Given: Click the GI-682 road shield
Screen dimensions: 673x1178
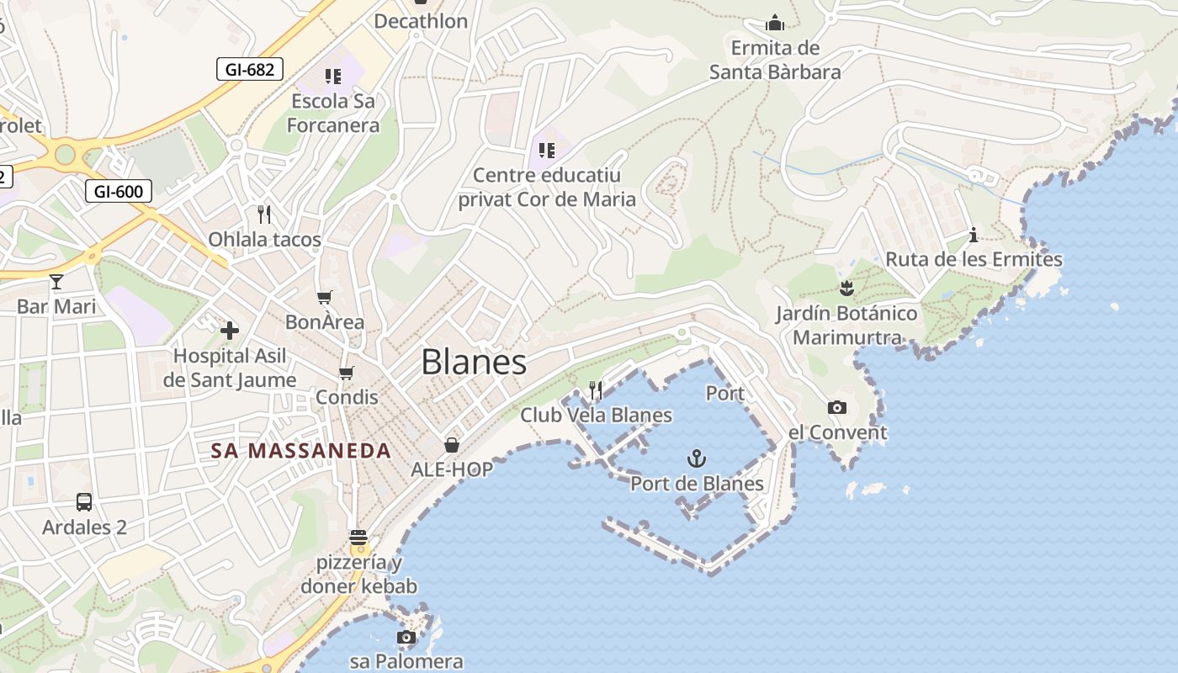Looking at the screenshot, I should [249, 69].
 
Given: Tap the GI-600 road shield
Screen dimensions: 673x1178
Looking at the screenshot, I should [118, 191].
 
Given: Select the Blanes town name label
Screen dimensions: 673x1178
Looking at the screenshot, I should [474, 363].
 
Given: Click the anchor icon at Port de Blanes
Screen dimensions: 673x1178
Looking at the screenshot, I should [696, 458].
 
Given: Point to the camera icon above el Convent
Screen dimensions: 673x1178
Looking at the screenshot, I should [836, 408].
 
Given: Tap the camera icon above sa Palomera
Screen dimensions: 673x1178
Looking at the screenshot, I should [406, 637].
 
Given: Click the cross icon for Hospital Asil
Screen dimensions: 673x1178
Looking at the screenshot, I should [229, 331].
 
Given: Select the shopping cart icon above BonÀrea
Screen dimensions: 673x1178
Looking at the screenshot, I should [325, 297].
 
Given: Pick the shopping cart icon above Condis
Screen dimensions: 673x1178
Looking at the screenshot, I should [346, 372].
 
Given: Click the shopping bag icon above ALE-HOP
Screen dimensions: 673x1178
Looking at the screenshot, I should [452, 444].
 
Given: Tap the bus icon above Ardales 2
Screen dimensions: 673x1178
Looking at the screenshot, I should [84, 502].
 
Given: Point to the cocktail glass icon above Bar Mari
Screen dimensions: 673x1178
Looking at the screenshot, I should [56, 281].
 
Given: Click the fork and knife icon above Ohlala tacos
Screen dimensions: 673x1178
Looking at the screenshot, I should [264, 215].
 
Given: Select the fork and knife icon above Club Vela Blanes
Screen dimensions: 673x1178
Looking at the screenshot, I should [596, 389].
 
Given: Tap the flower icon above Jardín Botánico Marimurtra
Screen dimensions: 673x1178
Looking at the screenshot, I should [846, 289].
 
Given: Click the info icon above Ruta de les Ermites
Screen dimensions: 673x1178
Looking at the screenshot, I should [974, 234].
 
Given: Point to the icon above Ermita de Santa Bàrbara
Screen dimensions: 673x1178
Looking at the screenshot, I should [775, 23].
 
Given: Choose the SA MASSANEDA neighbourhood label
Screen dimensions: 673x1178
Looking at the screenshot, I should [301, 451].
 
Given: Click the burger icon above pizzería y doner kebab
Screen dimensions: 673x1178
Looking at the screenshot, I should [358, 537].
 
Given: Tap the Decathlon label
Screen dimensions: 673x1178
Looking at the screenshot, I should [421, 21].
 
